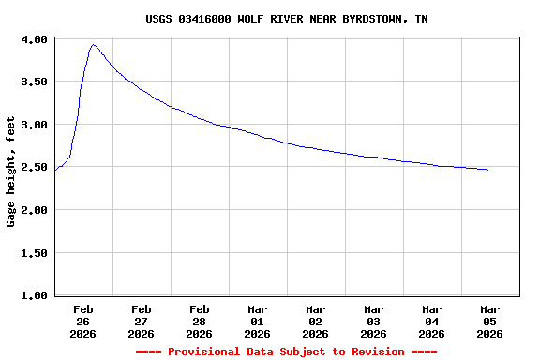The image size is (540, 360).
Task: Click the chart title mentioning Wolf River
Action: pyautogui.click(x=287, y=19)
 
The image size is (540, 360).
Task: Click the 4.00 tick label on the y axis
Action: pyautogui.click(x=36, y=39)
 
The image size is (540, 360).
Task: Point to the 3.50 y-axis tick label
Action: pyautogui.click(x=36, y=82)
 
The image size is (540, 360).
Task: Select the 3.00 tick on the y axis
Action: pyautogui.click(x=36, y=125)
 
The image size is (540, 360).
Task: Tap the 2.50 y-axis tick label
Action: pyautogui.click(x=36, y=168)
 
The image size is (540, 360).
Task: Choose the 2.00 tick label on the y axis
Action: pyautogui.click(x=36, y=210)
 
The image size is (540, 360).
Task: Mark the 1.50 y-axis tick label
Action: pyautogui.click(x=36, y=253)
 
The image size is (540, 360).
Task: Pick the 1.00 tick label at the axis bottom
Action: pyautogui.click(x=36, y=295)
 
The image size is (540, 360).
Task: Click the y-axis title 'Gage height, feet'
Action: pyautogui.click(x=11, y=172)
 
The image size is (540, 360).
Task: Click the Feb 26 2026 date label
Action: pyautogui.click(x=83, y=321)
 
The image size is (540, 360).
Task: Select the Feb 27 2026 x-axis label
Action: pyautogui.click(x=142, y=321)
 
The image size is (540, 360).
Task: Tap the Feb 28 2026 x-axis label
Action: pyautogui.click(x=200, y=321)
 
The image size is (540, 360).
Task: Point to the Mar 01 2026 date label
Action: pyautogui.click(x=258, y=321)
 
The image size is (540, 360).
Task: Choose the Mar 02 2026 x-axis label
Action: pyautogui.click(x=316, y=321)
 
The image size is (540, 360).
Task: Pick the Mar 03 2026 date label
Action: pyautogui.click(x=374, y=321)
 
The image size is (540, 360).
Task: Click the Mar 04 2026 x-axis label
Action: pyautogui.click(x=432, y=321)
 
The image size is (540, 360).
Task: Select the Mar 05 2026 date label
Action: pyautogui.click(x=490, y=321)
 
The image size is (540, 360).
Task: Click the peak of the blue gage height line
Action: pyautogui.click(x=93, y=45)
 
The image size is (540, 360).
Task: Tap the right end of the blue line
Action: pyautogui.click(x=487, y=170)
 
